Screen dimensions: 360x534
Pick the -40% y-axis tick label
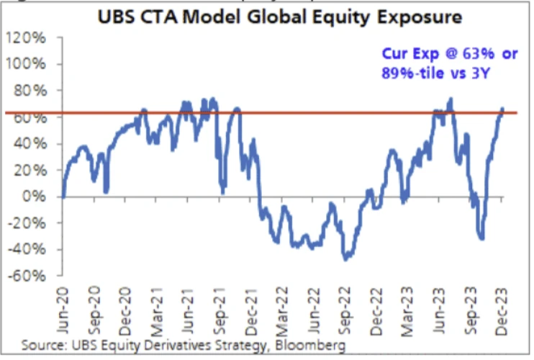tap(30, 249)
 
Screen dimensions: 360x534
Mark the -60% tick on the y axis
tap(30, 276)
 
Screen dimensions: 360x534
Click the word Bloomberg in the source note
tap(314, 346)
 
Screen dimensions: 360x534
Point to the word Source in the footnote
tap(42, 346)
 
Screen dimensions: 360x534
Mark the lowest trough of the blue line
tap(347, 258)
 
